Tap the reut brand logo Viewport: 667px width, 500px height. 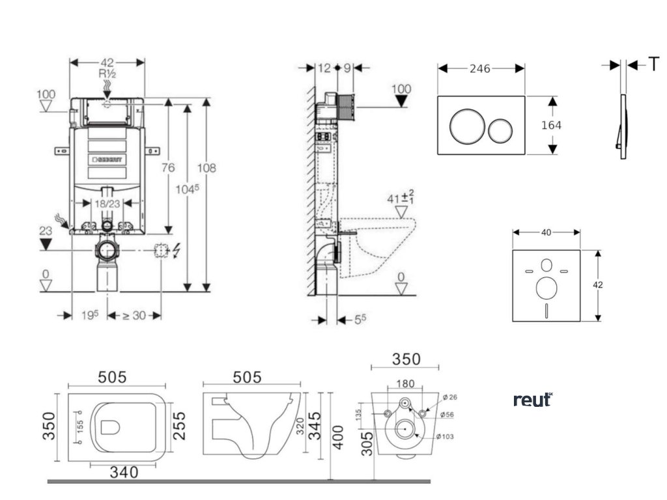[533, 399]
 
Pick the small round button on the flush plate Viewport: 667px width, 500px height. [501, 130]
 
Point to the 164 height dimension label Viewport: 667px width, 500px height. [551, 126]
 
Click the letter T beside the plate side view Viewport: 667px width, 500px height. [653, 64]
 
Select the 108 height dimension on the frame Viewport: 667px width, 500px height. [207, 168]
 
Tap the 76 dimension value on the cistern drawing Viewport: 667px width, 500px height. [168, 168]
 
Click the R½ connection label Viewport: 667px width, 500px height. [107, 74]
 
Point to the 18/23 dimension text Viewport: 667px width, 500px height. [107, 203]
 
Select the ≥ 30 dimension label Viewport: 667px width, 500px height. [134, 315]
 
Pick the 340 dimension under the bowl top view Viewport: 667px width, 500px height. [124, 473]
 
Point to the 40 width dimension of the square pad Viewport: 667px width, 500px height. [546, 232]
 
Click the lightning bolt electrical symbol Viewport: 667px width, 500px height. [178, 250]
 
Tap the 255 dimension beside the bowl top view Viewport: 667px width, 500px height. [179, 425]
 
